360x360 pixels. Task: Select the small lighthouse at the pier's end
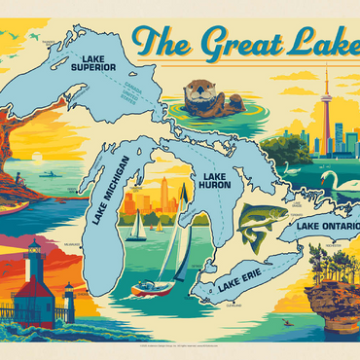69,295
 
